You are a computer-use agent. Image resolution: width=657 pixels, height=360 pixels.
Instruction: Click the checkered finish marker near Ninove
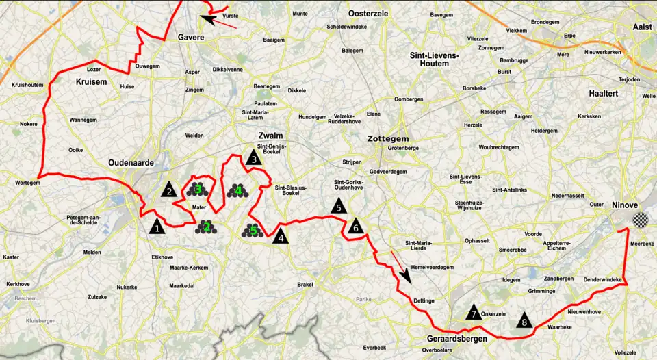[x=639, y=220]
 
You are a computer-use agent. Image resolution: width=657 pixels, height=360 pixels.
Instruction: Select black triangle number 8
[x=524, y=320]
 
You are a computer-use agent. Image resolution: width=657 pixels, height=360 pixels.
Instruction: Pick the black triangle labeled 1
[x=157, y=227]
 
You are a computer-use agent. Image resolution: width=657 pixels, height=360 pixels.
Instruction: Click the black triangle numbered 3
[x=254, y=158]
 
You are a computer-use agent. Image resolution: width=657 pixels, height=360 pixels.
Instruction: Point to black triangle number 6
[x=355, y=227]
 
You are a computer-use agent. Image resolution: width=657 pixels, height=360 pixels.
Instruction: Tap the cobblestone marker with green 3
[x=197, y=188]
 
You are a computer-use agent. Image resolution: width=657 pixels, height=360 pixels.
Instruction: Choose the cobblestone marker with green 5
[x=253, y=231]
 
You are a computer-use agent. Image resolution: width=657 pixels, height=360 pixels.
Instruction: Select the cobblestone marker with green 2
[x=205, y=227]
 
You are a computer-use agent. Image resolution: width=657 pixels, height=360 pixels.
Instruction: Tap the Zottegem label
[x=388, y=138]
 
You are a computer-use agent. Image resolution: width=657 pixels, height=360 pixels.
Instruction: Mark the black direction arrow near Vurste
[x=219, y=21]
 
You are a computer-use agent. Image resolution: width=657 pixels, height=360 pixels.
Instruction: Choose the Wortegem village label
[x=27, y=183]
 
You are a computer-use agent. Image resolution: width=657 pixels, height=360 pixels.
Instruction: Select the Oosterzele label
[x=368, y=14]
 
